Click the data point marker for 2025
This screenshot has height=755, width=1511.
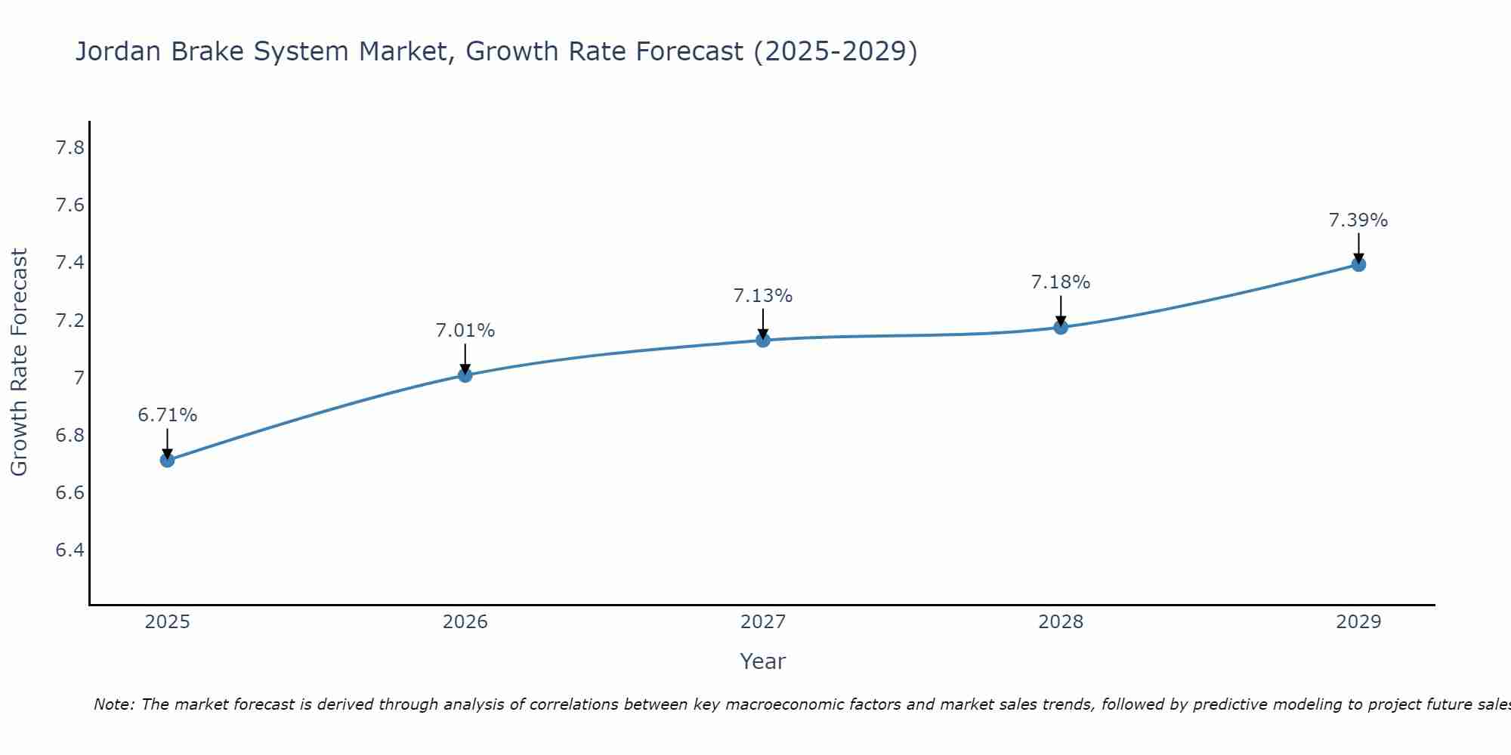168,460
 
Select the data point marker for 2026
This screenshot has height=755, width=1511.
465,375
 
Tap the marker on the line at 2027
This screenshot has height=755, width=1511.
763,341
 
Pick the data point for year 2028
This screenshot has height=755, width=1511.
1061,327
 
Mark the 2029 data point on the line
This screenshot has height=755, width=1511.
1358,264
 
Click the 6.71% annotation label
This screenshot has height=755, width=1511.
168,415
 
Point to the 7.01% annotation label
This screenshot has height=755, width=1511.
465,331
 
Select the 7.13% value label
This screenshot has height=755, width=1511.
763,296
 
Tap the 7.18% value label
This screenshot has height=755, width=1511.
1061,282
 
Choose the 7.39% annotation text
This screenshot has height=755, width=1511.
1358,220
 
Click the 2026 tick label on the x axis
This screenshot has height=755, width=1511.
465,622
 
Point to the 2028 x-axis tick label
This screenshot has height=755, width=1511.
1061,622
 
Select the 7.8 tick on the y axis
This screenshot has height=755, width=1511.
70,148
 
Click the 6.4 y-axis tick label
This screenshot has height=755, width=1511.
70,550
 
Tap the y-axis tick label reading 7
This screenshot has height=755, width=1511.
79,377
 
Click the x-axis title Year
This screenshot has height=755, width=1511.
763,661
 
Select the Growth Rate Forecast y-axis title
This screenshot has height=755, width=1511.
19,362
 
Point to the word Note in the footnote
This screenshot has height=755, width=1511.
113,704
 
